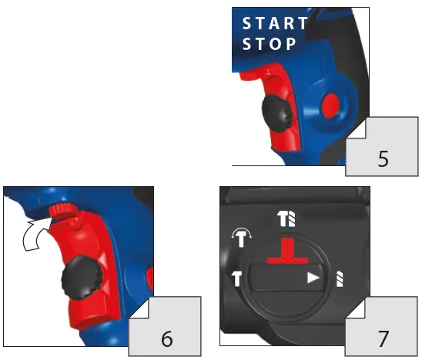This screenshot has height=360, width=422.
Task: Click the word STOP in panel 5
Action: [x=270, y=44]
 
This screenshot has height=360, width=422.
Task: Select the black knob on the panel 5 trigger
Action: [x=275, y=113]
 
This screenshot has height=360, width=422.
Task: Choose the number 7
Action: [x=383, y=335]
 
